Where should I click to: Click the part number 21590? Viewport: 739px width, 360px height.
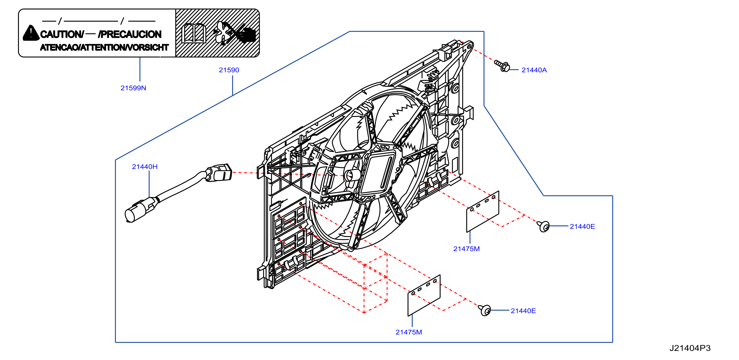click(x=229, y=70)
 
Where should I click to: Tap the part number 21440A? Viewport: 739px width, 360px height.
click(x=534, y=70)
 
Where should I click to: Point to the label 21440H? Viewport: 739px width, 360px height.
click(x=145, y=167)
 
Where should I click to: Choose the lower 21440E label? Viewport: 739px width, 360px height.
click(x=523, y=311)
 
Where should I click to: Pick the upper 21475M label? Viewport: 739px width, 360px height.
click(x=466, y=249)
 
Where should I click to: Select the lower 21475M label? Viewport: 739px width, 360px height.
click(x=408, y=332)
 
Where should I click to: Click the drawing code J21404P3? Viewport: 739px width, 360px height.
click(x=690, y=348)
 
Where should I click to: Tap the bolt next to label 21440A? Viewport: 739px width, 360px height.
click(x=502, y=66)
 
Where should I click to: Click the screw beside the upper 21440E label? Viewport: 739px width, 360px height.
click(x=543, y=226)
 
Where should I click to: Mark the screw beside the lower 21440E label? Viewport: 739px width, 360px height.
click(x=484, y=310)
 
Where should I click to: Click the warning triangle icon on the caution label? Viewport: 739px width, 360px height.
click(x=31, y=33)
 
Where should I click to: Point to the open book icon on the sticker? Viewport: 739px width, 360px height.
click(x=194, y=33)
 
